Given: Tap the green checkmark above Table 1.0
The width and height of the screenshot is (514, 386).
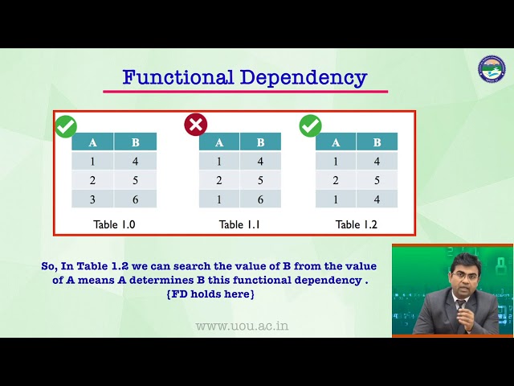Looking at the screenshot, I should [x=66, y=126].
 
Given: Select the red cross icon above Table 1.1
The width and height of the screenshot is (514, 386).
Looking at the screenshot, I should [x=195, y=124].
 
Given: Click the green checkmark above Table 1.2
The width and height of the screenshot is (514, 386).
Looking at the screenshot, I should [x=310, y=125].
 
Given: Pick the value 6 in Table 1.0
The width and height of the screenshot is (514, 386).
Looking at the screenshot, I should [x=135, y=199].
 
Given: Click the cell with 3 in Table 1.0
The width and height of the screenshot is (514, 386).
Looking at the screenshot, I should [x=92, y=199].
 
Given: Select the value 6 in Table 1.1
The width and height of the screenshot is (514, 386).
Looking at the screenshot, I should [x=260, y=199].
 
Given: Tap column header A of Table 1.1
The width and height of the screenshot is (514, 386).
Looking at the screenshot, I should [x=219, y=142].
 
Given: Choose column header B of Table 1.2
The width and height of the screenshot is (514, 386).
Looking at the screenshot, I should [x=377, y=142].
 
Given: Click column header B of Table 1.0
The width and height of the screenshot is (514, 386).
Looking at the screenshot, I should [x=135, y=142].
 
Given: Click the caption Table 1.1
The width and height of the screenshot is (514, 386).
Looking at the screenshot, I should [x=239, y=224].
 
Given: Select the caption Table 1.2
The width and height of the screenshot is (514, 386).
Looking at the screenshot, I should [x=357, y=224].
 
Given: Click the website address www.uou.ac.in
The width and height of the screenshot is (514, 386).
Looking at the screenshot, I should [x=242, y=326].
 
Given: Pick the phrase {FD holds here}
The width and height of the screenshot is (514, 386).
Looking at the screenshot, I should [x=209, y=294].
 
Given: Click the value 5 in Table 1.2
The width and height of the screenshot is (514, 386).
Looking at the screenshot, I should [x=377, y=180].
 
